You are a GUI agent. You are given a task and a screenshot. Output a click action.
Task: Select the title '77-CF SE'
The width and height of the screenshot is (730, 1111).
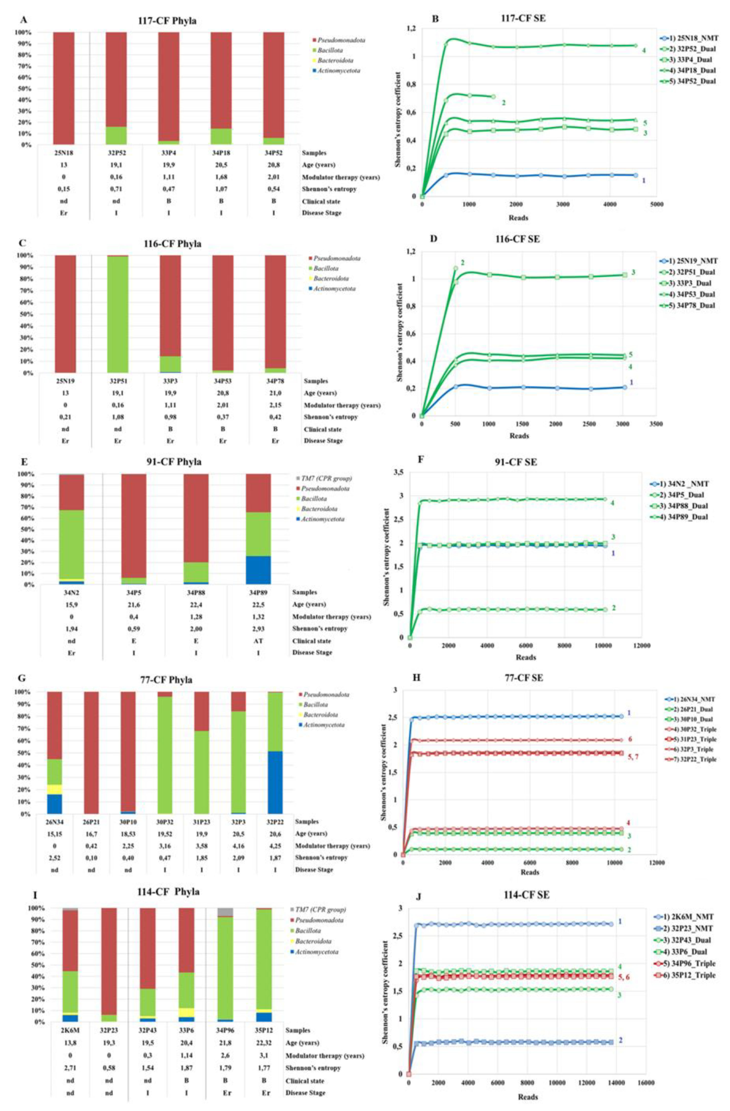click(x=524, y=678)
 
